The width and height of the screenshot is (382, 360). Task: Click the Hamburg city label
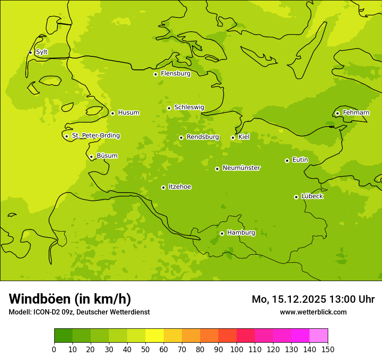point(241,233)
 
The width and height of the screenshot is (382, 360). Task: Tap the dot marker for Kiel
point(233,137)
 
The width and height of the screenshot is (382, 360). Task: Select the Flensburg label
point(175,74)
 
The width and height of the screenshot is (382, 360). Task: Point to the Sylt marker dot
point(30,52)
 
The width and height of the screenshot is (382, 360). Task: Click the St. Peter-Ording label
point(95,136)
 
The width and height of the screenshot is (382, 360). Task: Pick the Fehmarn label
point(356,113)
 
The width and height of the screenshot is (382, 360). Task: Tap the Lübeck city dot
point(296,197)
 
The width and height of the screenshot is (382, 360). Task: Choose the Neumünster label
point(241,168)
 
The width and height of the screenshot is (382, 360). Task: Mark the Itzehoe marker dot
point(163,187)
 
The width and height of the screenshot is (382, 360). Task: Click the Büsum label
point(107,156)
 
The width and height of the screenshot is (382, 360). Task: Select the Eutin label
point(300,160)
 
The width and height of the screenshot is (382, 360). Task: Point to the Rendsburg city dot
point(181,137)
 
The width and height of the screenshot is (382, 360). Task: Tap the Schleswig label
point(189,107)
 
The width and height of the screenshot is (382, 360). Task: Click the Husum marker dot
point(112,113)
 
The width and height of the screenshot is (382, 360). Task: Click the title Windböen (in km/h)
point(69,299)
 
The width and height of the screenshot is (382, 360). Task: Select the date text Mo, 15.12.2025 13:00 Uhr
point(313,299)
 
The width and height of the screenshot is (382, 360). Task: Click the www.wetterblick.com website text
point(313,312)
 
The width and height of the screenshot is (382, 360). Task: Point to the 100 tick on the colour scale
point(237,349)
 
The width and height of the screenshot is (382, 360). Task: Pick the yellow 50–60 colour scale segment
point(154,336)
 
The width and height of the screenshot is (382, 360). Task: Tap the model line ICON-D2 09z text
point(79,312)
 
